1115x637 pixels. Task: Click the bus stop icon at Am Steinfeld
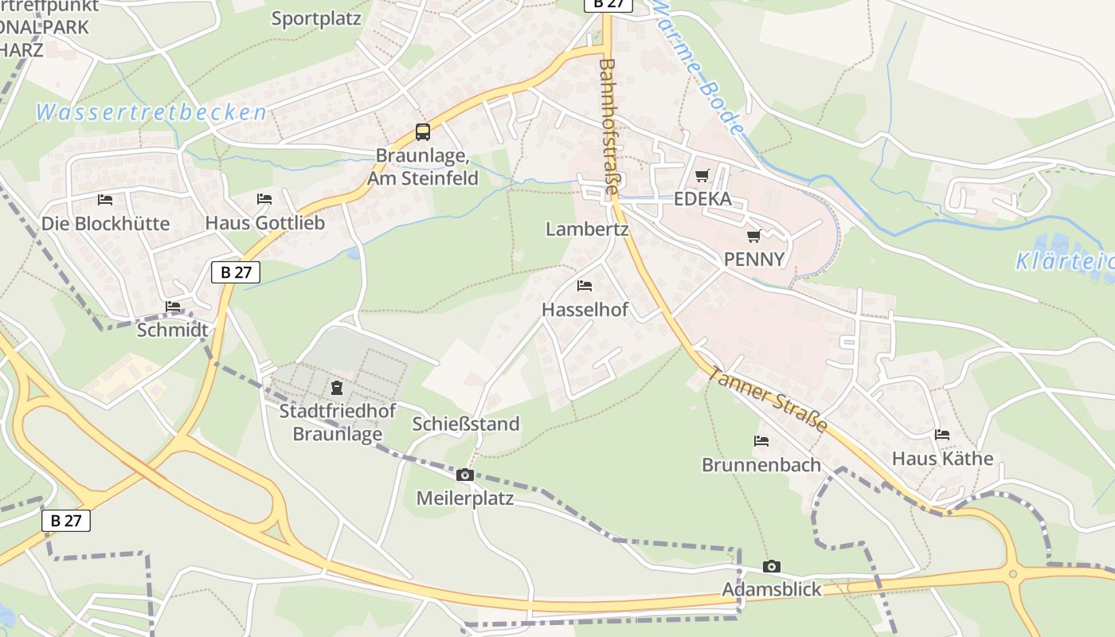click(x=423, y=132)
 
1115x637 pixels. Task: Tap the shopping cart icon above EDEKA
click(x=702, y=176)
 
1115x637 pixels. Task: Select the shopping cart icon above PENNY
click(x=753, y=236)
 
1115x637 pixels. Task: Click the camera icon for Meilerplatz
click(x=464, y=475)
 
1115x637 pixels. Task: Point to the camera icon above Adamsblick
click(x=771, y=567)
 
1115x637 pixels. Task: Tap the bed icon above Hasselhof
click(x=585, y=286)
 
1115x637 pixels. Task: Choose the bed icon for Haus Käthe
click(x=942, y=436)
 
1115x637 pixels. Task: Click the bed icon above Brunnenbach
click(x=761, y=441)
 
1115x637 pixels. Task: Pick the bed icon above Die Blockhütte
click(x=105, y=200)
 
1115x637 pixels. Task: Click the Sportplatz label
click(x=316, y=18)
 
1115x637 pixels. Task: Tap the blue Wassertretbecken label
click(x=151, y=113)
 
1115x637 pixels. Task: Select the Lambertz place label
click(x=587, y=230)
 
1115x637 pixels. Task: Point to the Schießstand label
click(x=466, y=424)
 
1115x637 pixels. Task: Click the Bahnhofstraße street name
click(x=608, y=127)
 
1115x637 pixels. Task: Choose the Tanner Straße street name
click(x=768, y=400)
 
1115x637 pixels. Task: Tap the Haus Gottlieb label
click(x=265, y=223)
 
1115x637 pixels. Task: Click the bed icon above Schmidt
click(x=173, y=307)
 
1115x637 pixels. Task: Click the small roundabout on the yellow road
click(x=1013, y=573)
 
